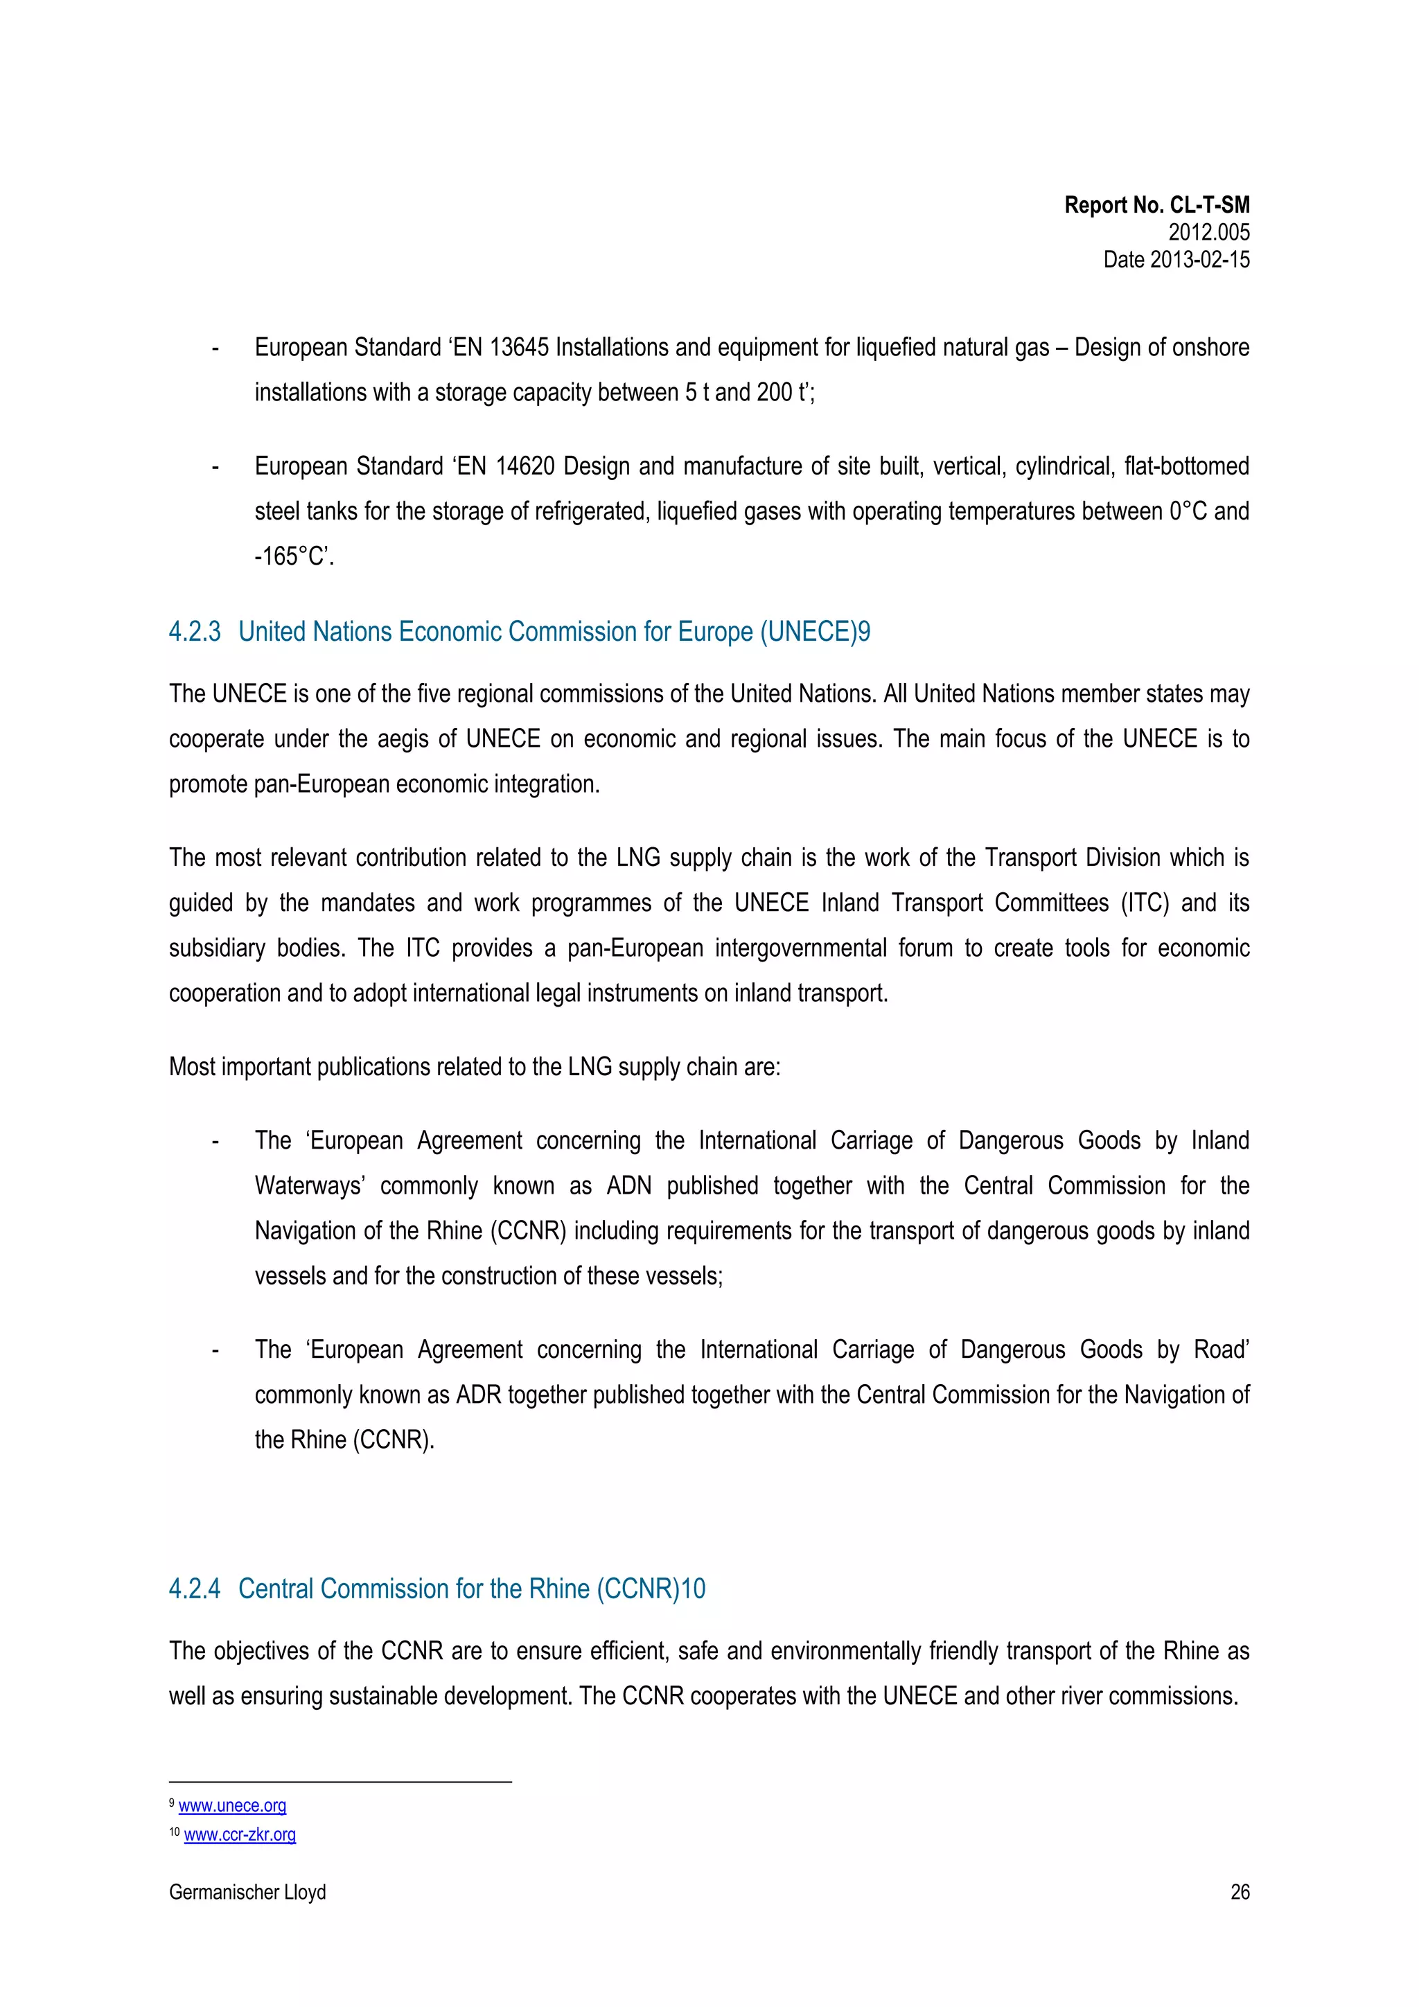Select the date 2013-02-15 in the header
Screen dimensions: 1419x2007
(x=1199, y=260)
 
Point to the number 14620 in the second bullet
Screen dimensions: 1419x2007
(x=525, y=467)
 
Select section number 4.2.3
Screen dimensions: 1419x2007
(x=194, y=632)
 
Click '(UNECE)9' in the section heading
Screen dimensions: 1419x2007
(x=815, y=632)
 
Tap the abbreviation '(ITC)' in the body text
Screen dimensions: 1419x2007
(x=1145, y=903)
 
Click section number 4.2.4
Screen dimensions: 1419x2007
(x=194, y=1589)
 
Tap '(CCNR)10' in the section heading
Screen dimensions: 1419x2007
(x=651, y=1589)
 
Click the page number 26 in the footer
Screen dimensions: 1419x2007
(x=1239, y=1893)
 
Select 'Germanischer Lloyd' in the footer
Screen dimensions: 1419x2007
(x=247, y=1893)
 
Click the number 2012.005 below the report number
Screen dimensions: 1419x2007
(x=1208, y=233)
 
